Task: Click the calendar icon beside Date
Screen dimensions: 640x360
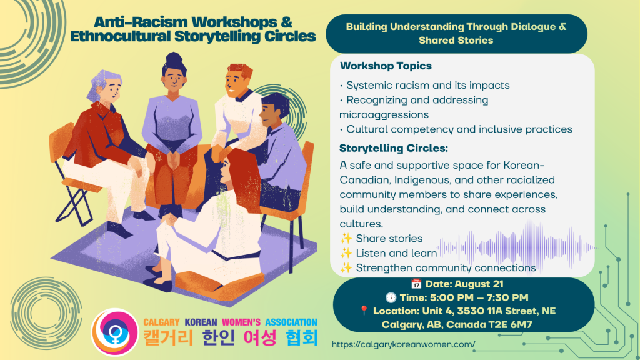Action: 416,284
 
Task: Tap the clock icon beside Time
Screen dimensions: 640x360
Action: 391,297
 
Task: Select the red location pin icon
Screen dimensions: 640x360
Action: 364,311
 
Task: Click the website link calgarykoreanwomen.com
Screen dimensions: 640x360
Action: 403,344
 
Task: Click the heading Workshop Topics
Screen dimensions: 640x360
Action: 386,66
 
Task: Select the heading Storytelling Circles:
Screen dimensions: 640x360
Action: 394,148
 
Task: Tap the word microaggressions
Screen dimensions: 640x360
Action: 384,115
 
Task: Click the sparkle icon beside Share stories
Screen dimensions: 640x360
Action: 346,238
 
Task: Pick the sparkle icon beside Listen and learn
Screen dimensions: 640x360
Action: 346,253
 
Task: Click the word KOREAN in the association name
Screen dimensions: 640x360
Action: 201,322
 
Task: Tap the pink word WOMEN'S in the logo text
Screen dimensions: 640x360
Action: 241,322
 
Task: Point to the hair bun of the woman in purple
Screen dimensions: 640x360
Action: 174,58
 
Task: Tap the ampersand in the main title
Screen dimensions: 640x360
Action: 286,22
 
